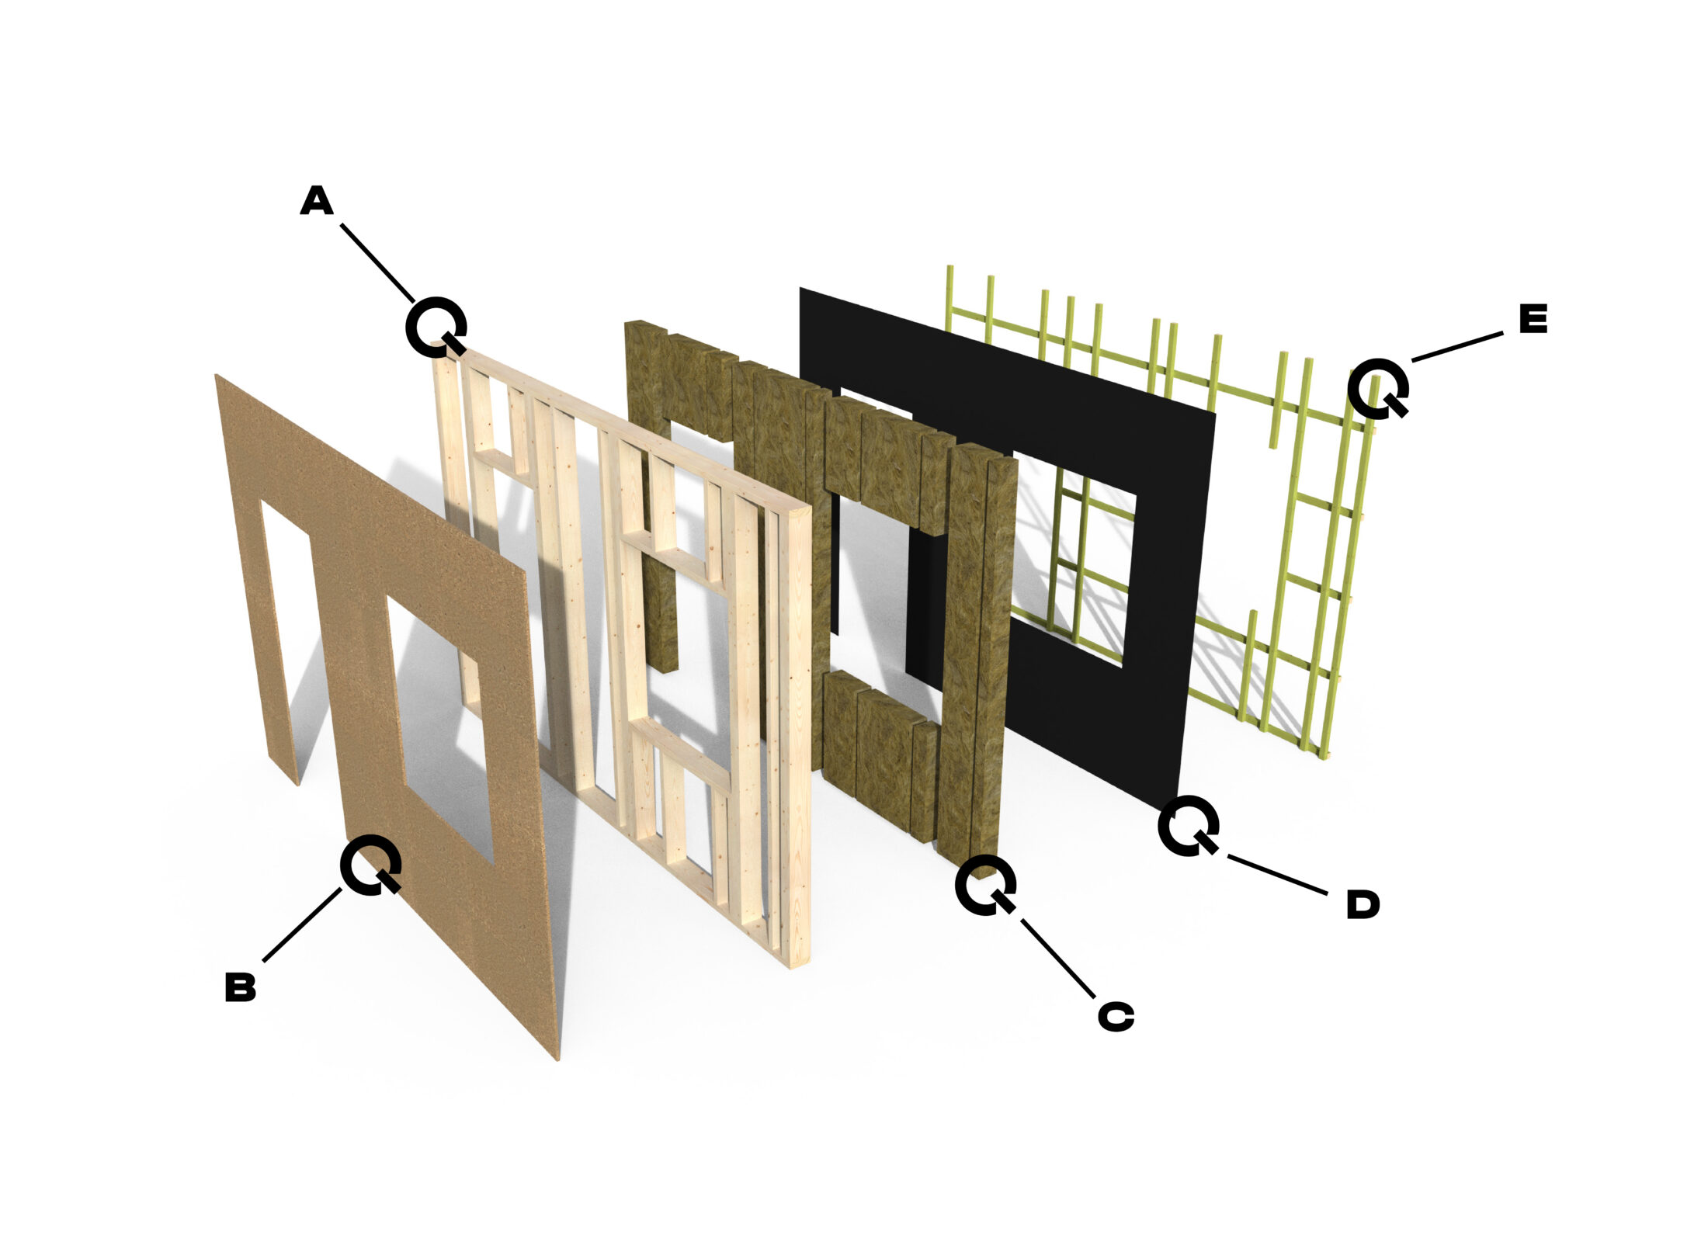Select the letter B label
pyautogui.click(x=241, y=987)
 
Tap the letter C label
pyautogui.click(x=1116, y=1016)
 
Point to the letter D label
pyautogui.click(x=1363, y=905)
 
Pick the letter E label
pyautogui.click(x=1533, y=319)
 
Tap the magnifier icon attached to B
pyautogui.click(x=370, y=864)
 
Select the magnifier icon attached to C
pyautogui.click(x=984, y=884)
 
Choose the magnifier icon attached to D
pyautogui.click(x=1187, y=826)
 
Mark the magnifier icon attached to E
pyautogui.click(x=1377, y=388)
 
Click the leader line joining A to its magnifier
pyautogui.click(x=377, y=262)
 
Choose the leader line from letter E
pyautogui.click(x=1456, y=346)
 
